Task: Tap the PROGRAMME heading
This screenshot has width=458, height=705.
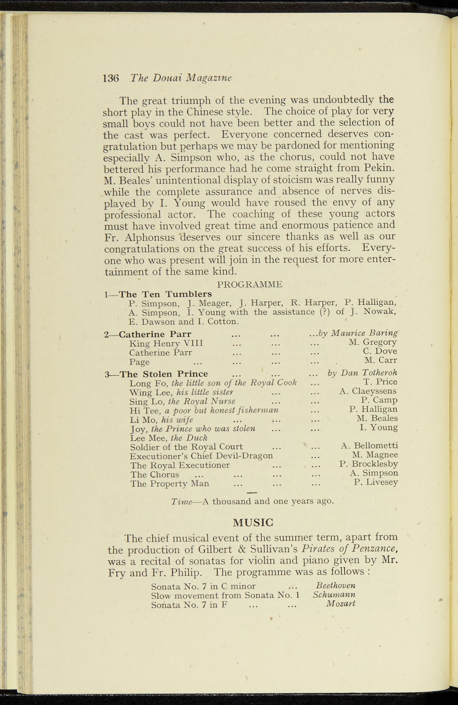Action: pyautogui.click(x=250, y=284)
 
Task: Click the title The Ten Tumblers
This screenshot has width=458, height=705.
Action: pyautogui.click(x=165, y=294)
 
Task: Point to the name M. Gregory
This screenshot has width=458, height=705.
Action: pyautogui.click(x=373, y=342)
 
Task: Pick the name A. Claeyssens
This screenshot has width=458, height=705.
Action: pyautogui.click(x=368, y=391)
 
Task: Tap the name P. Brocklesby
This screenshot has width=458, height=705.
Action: pyautogui.click(x=368, y=464)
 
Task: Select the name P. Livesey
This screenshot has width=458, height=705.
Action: pyautogui.click(x=376, y=482)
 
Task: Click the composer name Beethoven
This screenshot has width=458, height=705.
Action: pyautogui.click(x=335, y=586)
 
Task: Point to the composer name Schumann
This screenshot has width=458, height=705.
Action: pyautogui.click(x=334, y=595)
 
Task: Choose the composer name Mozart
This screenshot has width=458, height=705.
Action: pyautogui.click(x=340, y=604)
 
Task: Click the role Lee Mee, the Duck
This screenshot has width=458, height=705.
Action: pyautogui.click(x=169, y=438)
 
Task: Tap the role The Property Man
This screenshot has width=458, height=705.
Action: pyautogui.click(x=169, y=484)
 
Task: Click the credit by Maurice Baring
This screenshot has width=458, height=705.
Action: pyautogui.click(x=358, y=333)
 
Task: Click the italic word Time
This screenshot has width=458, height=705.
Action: pyautogui.click(x=181, y=502)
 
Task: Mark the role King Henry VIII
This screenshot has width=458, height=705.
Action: pyautogui.click(x=166, y=343)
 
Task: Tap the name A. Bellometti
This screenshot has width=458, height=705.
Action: pyautogui.click(x=369, y=446)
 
